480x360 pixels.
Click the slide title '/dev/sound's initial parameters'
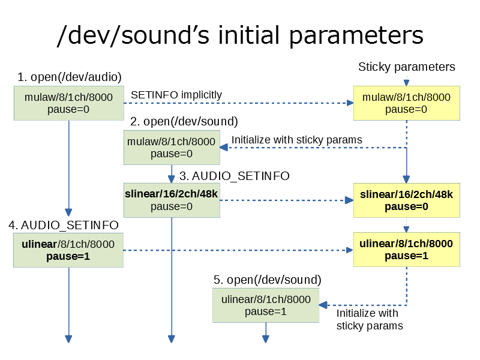[240, 35]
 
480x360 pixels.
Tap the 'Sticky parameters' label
[407, 67]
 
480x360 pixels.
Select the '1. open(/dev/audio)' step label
[70, 77]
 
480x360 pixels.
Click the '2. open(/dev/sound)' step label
[184, 122]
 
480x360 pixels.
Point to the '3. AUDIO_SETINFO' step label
[235, 176]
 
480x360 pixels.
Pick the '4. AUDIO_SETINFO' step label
[64, 226]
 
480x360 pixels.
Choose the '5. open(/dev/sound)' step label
[267, 280]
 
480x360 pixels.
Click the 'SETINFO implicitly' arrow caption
[176, 95]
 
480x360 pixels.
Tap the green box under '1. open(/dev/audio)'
[69, 103]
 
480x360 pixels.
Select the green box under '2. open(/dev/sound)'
[172, 148]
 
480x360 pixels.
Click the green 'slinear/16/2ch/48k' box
[172, 200]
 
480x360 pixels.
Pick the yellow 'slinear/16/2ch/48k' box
[407, 200]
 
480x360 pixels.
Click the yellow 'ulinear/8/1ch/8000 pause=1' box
[407, 250]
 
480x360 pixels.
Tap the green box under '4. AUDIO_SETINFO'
[68, 250]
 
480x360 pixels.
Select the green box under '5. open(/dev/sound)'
[266, 305]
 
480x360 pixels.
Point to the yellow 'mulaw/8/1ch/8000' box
[407, 103]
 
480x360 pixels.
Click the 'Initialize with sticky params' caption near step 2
[296, 140]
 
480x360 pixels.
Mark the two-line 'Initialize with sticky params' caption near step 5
[370, 320]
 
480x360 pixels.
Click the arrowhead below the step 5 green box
[266, 339]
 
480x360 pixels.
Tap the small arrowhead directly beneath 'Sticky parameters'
[407, 83]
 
